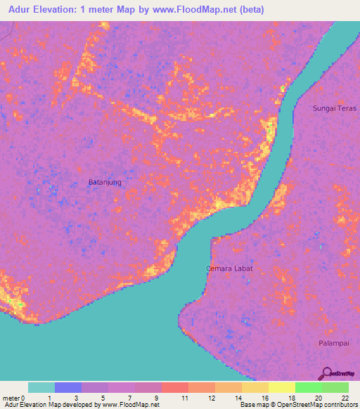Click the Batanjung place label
(105, 182)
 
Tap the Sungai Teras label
(335, 108)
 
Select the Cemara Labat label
(229, 268)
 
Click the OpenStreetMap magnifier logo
(326, 373)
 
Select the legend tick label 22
(345, 398)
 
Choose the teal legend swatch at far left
(41, 387)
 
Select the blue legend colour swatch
(68, 387)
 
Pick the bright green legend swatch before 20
(308, 387)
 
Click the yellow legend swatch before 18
(281, 387)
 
